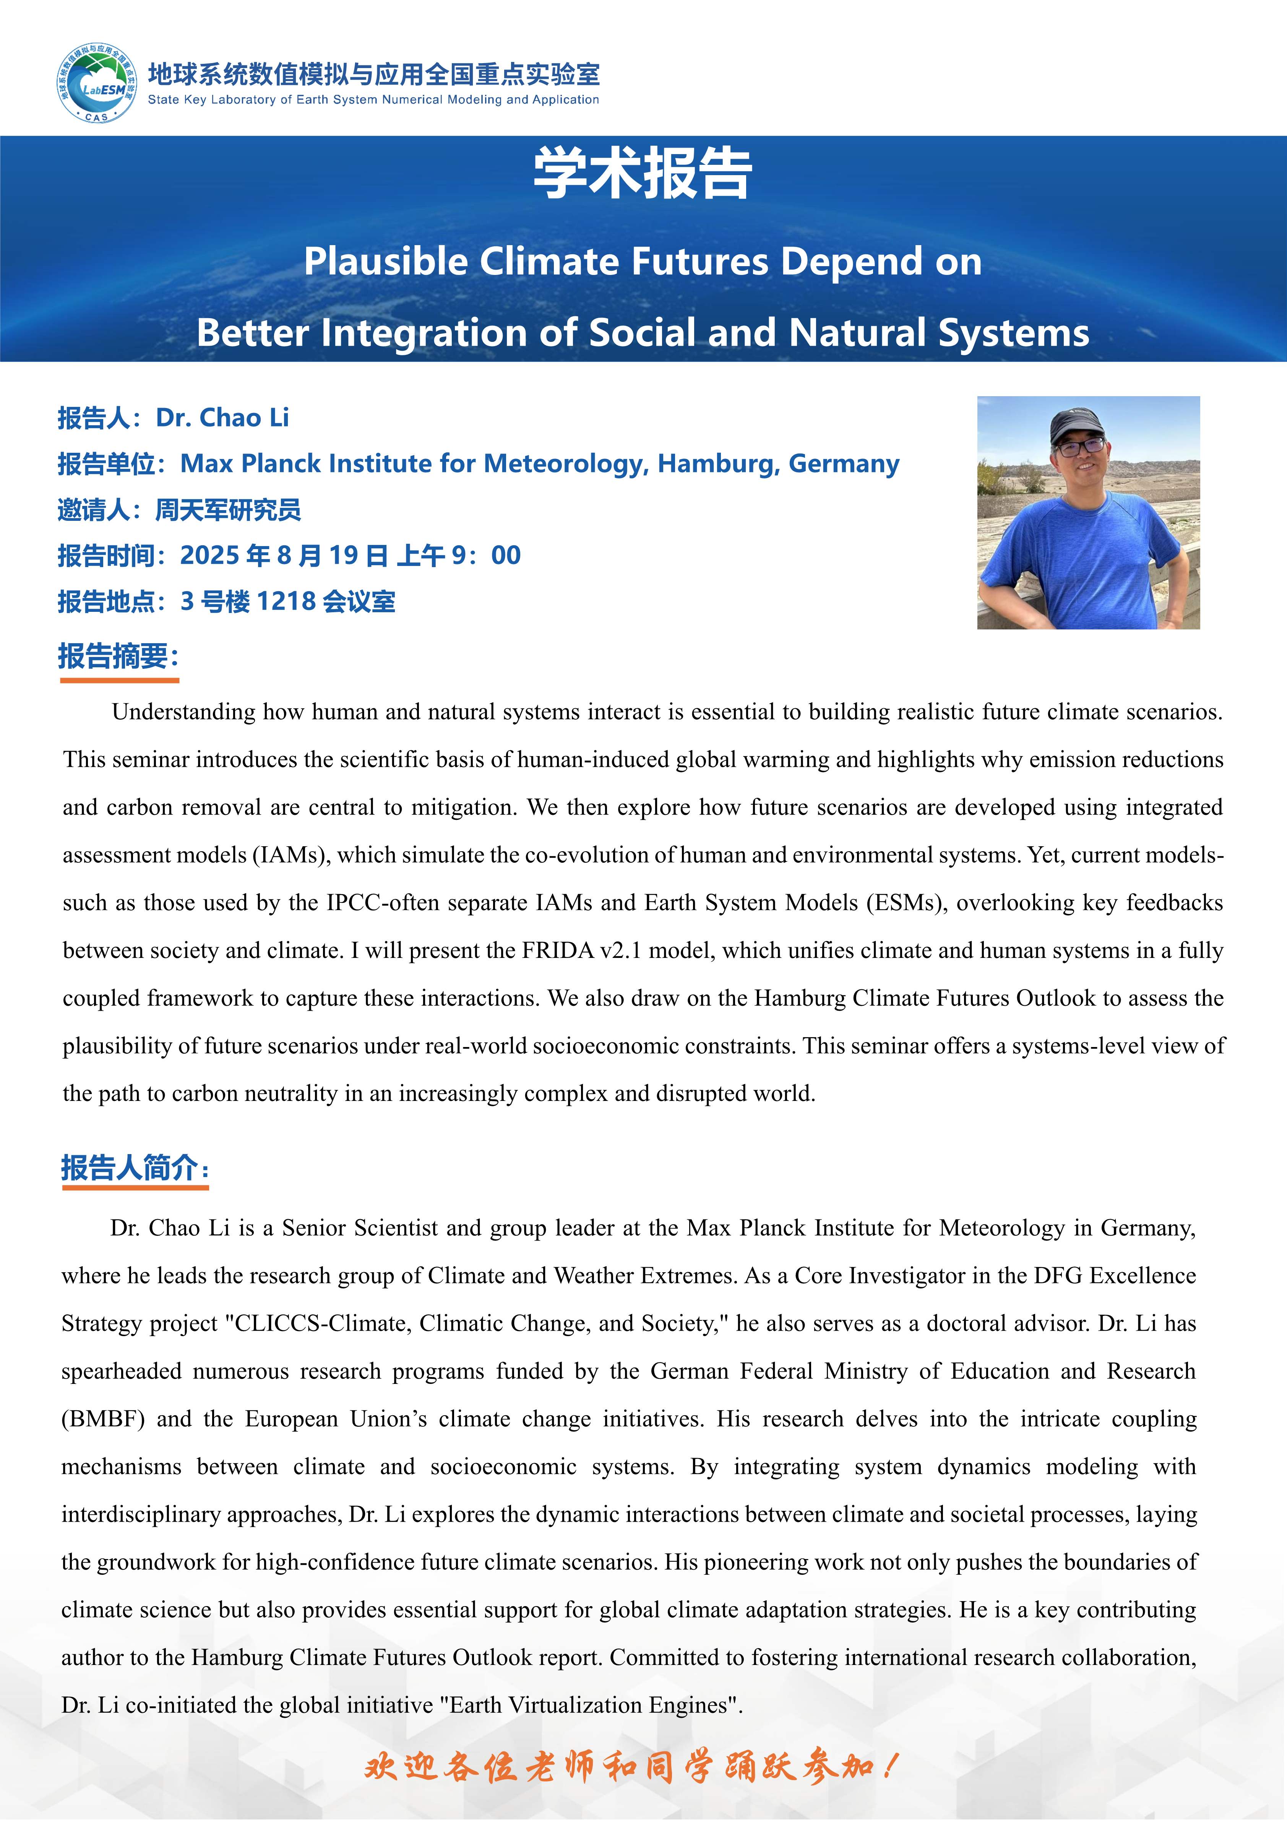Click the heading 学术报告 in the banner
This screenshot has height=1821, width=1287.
pos(642,173)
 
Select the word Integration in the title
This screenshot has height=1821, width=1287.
pos(425,333)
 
